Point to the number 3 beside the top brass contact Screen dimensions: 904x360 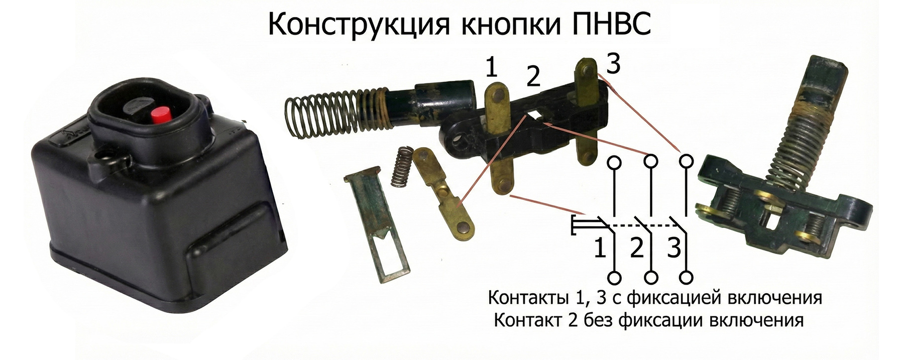pyautogui.click(x=613, y=64)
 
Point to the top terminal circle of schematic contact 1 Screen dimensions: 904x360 pyautogui.click(x=614, y=162)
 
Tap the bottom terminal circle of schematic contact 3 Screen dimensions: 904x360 pyautogui.click(x=687, y=277)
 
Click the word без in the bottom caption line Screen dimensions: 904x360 pyautogui.click(x=599, y=320)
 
